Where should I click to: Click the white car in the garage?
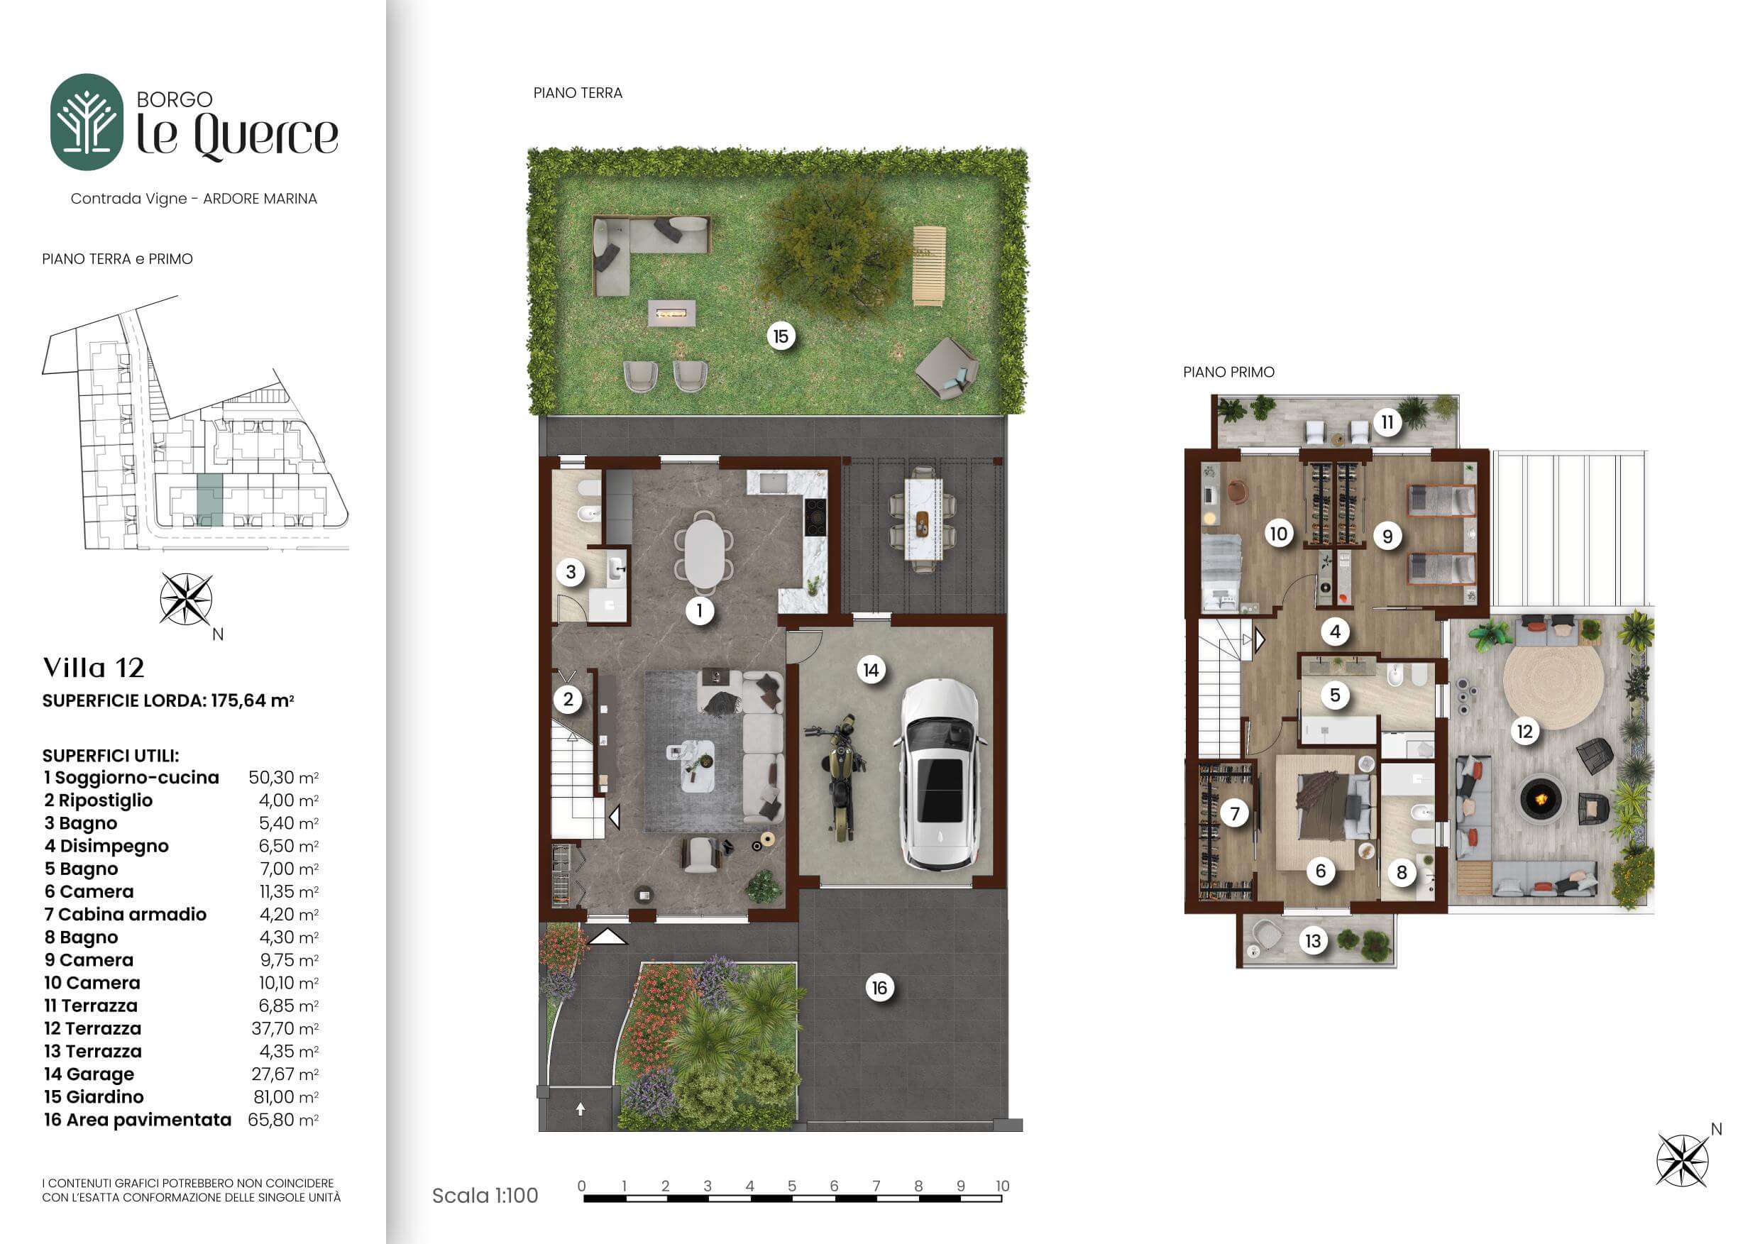940,775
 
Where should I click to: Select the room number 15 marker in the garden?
781,336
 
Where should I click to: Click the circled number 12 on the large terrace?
1524,731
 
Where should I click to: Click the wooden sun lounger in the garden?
928,266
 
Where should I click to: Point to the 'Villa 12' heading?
94,668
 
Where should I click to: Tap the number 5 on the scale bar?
792,1186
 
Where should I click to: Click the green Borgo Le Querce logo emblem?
87,122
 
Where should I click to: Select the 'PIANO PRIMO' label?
1228,373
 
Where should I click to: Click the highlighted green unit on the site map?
209,499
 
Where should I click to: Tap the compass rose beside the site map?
186,600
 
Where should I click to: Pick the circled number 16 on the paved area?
879,988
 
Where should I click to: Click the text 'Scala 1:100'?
485,1196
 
